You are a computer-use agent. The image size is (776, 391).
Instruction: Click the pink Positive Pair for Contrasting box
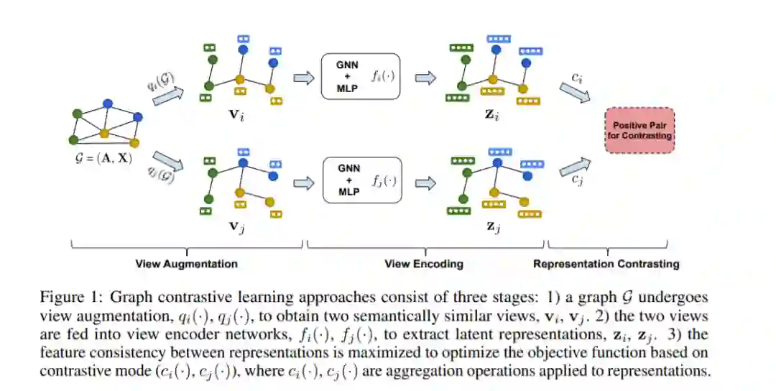tap(639, 130)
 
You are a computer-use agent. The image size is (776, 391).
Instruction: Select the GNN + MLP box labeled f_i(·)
tap(360, 76)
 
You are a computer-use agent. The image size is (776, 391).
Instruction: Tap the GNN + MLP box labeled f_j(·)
tap(361, 180)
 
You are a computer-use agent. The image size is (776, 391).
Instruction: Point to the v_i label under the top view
tap(236, 115)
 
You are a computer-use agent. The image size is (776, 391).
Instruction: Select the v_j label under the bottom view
tap(236, 226)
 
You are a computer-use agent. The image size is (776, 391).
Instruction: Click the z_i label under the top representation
tap(491, 115)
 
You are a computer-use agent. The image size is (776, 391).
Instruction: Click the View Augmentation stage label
tap(187, 264)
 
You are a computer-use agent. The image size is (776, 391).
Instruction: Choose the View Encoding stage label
tap(424, 264)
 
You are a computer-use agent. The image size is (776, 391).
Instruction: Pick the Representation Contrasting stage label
tap(606, 264)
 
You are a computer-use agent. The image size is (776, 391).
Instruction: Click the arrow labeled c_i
tap(575, 93)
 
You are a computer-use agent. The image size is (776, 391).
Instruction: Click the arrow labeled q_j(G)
tap(167, 161)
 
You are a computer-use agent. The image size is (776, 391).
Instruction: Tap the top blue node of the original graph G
tap(107, 104)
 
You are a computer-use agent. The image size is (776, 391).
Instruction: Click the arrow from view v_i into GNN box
tap(303, 78)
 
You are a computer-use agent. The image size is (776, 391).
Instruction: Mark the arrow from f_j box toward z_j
tap(425, 183)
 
